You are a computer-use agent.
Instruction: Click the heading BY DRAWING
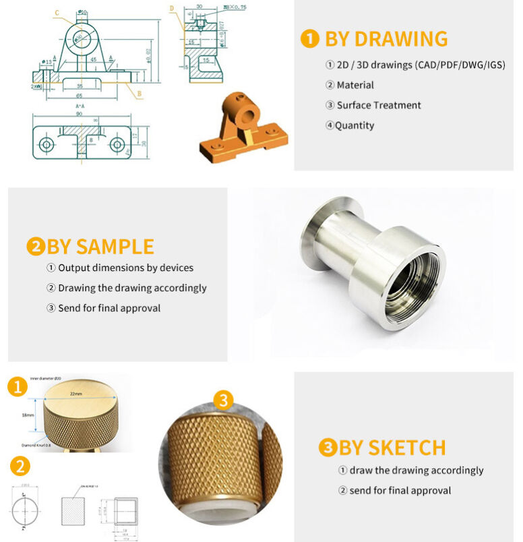coord(386,38)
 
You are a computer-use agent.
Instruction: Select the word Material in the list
coord(355,85)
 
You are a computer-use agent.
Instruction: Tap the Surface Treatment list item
coord(379,105)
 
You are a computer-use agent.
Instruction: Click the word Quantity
coord(355,125)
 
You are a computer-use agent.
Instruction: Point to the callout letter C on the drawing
coord(57,13)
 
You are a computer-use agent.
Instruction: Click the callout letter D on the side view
coord(173,9)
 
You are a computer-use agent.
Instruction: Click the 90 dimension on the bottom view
coord(80,114)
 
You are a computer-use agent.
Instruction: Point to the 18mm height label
coord(28,415)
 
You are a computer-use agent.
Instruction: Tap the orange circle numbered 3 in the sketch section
coord(224,400)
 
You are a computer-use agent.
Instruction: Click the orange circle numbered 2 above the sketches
coord(20,466)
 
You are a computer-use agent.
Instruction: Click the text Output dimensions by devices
coord(125,268)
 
